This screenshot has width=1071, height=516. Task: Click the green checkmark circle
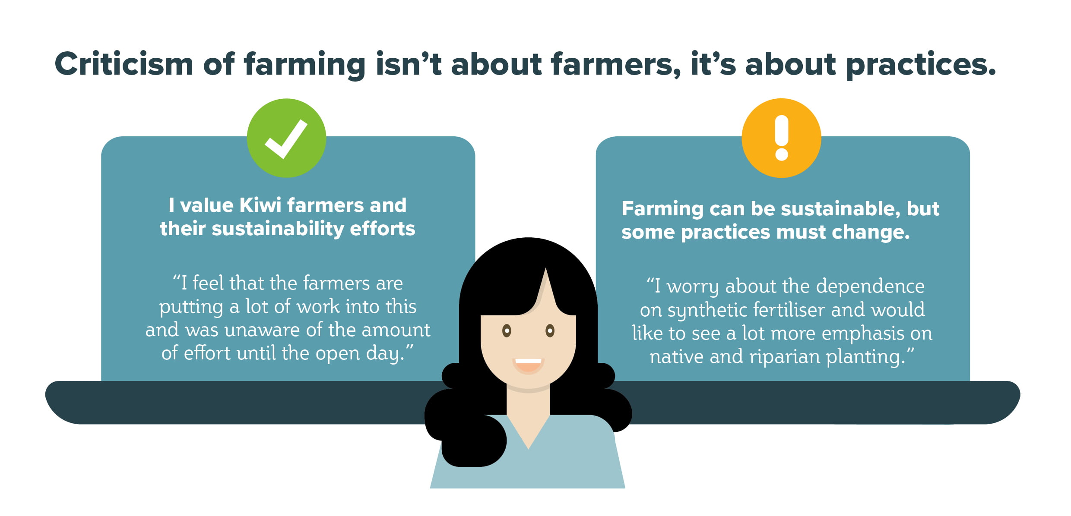coord(286,138)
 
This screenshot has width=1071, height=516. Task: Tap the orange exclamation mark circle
coord(781,138)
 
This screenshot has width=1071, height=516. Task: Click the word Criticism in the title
coord(124,64)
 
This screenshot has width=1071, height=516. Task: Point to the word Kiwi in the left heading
coord(260,205)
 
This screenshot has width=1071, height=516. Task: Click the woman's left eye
coord(507,331)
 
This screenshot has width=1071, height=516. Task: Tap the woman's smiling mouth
coord(528,366)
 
